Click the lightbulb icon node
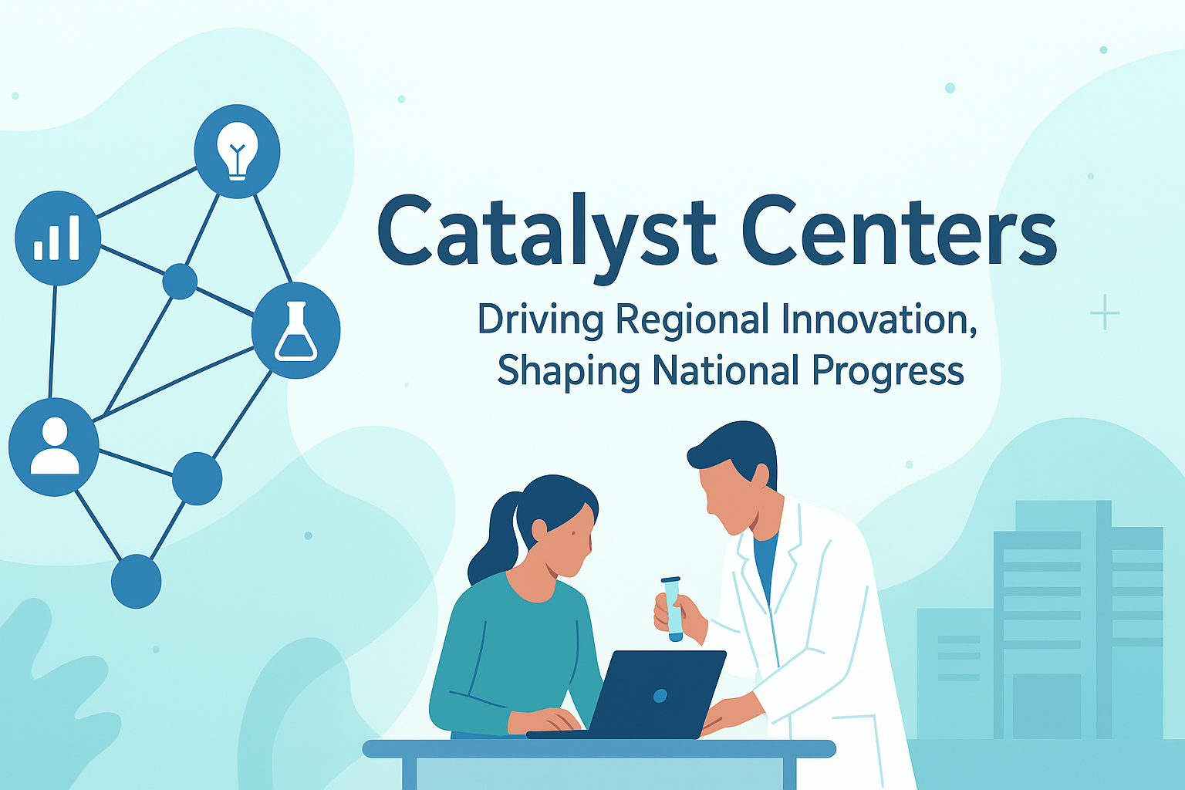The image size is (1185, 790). pos(237,151)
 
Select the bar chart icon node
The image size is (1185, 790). pos(57,238)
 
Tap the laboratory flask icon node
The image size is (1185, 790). pos(295,330)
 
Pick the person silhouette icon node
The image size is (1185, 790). pos(54,447)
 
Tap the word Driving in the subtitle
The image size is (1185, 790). pos(539,321)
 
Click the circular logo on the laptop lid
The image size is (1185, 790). pos(660,696)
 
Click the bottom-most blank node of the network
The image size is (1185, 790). pos(137,582)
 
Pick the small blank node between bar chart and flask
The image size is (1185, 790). pos(180,282)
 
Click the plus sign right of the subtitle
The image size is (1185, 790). pos(1105,312)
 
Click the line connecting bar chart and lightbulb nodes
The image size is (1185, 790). pos(146,192)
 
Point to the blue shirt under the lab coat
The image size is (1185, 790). pos(765,563)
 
